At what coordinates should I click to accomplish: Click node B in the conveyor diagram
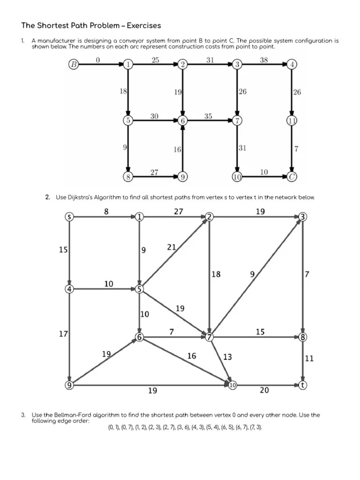(x=74, y=65)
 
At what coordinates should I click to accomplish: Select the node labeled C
(x=292, y=177)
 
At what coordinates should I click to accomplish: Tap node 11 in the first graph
(x=292, y=120)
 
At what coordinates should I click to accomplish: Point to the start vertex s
(x=69, y=217)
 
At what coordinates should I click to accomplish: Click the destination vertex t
(x=303, y=385)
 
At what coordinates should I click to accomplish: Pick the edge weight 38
(x=263, y=59)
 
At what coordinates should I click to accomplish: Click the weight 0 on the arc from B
(x=97, y=59)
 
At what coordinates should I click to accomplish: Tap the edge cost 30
(x=154, y=115)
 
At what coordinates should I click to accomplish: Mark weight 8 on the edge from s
(x=106, y=211)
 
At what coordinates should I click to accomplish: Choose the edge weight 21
(x=172, y=247)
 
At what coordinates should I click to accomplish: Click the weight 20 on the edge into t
(x=264, y=390)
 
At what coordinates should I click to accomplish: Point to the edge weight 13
(x=227, y=357)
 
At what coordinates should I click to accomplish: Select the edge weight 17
(x=63, y=334)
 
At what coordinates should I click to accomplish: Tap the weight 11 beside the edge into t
(x=309, y=359)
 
